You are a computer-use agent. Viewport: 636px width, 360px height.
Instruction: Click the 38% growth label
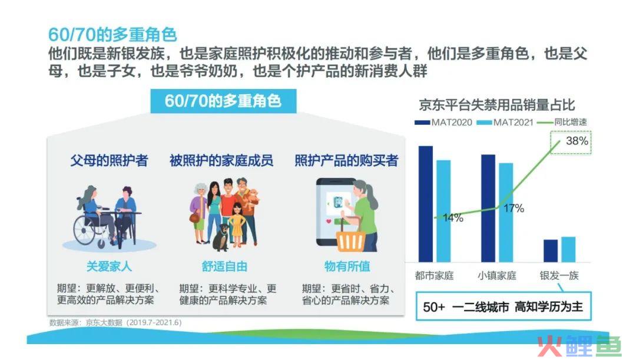577,141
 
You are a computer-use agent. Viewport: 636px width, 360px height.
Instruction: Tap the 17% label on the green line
514,208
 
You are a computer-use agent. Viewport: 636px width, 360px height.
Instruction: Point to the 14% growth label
453,218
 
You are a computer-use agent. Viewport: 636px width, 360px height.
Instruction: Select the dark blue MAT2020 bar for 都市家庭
426,204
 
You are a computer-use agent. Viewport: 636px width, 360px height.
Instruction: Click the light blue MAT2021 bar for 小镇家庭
506,212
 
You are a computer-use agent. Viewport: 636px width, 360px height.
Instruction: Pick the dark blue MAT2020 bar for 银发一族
551,251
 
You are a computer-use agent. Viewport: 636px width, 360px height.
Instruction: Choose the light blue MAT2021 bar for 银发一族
568,249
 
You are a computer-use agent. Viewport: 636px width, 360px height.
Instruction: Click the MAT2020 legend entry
443,122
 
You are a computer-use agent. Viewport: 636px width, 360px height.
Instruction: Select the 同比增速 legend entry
562,122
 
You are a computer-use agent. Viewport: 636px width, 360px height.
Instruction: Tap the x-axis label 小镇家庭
497,276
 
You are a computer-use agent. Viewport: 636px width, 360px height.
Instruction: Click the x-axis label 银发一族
559,276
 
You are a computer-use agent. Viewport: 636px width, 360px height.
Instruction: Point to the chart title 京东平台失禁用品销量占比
497,105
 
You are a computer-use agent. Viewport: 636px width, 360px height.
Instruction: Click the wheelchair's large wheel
85,230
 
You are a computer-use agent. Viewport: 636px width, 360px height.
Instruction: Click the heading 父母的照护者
109,160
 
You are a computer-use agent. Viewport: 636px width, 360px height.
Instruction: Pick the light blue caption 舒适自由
224,266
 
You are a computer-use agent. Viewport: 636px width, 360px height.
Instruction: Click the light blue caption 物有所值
347,266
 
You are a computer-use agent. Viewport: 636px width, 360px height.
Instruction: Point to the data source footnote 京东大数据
104,323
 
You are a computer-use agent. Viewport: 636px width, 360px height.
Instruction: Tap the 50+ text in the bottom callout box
433,307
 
